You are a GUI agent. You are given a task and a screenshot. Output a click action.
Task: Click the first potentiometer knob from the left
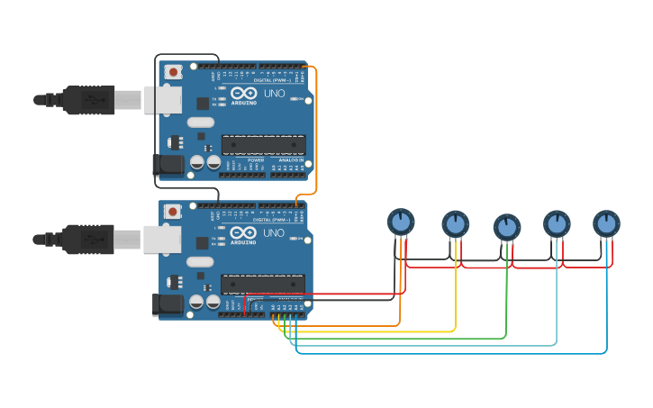(x=401, y=222)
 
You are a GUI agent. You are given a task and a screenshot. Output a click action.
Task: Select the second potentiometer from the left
(x=456, y=223)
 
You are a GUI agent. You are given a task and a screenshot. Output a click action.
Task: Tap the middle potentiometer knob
(x=507, y=227)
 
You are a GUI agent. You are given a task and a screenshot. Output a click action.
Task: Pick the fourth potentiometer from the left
(x=557, y=223)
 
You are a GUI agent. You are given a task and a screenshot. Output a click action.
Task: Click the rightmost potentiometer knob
(x=606, y=222)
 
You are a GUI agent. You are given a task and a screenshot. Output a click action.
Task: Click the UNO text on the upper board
(x=274, y=94)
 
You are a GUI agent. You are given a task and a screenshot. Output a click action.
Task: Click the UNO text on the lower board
(x=274, y=233)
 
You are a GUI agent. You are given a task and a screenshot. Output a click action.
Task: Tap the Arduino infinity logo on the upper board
(x=243, y=93)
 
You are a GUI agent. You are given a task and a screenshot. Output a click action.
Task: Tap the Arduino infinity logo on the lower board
(x=243, y=232)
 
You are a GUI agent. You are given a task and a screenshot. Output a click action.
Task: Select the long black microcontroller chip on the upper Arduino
(x=263, y=144)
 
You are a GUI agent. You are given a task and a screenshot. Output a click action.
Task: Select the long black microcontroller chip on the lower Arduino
(x=263, y=284)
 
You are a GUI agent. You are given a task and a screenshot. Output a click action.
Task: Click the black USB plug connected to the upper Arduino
(x=88, y=100)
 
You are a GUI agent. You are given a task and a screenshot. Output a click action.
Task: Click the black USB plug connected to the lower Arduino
(x=88, y=240)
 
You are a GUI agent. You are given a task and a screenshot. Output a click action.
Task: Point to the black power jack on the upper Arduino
(x=168, y=164)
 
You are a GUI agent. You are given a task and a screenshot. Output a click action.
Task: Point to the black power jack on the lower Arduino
(x=168, y=304)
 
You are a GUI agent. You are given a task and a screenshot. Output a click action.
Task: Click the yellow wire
(x=378, y=331)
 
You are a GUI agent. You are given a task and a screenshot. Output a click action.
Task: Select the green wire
(x=405, y=339)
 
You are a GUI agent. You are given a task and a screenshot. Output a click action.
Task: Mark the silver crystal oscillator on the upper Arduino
(x=201, y=122)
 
